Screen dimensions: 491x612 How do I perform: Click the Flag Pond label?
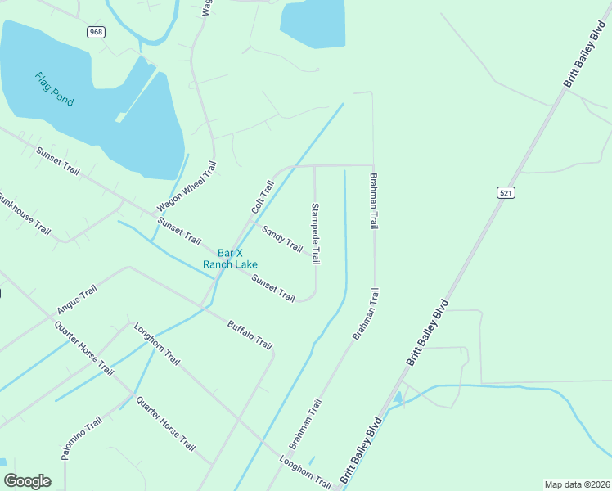click(54, 89)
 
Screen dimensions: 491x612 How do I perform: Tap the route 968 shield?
click(95, 31)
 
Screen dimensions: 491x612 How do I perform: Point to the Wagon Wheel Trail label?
click(187, 187)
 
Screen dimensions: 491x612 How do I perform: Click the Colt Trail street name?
click(262, 197)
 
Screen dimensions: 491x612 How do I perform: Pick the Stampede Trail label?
click(315, 234)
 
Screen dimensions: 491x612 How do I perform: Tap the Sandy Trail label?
click(282, 238)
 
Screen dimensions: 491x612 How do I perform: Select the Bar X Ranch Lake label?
click(231, 259)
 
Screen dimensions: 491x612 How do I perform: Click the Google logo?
click(27, 481)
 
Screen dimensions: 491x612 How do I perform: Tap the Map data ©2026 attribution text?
click(577, 484)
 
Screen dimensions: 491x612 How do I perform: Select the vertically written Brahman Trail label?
click(375, 200)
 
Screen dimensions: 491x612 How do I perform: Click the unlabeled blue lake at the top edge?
click(313, 23)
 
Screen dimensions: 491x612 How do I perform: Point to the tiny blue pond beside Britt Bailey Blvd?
click(398, 398)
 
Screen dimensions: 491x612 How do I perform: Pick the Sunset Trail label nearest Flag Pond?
click(58, 160)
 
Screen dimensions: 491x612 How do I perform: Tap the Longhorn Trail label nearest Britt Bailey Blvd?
click(305, 474)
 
